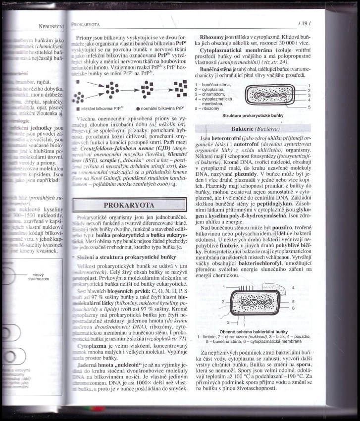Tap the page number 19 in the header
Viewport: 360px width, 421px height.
(303, 23)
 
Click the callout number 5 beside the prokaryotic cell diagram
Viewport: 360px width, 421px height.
(309, 106)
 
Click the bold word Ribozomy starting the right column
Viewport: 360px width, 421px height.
(211, 37)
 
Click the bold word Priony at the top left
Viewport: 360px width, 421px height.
(82, 38)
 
